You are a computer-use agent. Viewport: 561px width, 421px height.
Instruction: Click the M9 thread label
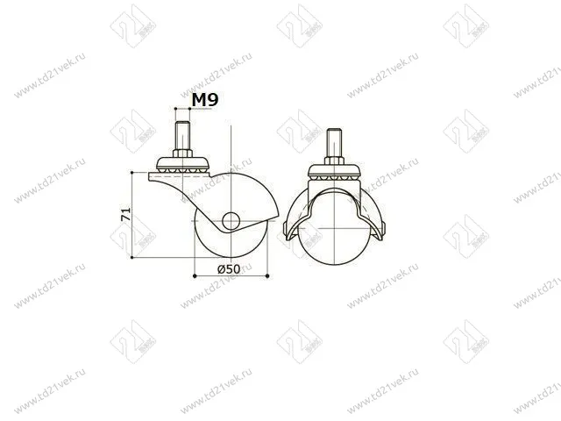204,101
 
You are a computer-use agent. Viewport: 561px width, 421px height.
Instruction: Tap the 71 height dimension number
126,214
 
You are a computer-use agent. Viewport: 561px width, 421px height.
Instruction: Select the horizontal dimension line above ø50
230,276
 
